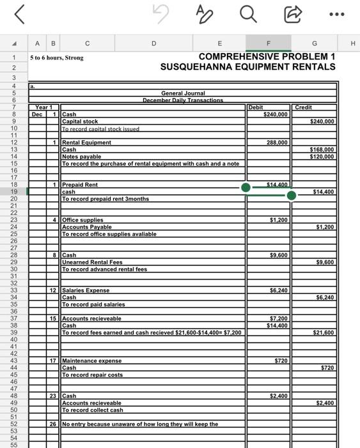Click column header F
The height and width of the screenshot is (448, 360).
[269, 44]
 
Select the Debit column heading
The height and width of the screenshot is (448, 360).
[256, 108]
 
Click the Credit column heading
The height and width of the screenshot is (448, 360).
[304, 108]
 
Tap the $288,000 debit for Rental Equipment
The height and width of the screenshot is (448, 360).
[277, 143]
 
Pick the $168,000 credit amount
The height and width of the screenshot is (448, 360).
[322, 150]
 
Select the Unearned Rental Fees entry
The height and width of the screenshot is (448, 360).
[91, 262]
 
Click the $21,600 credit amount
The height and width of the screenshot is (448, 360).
[322, 333]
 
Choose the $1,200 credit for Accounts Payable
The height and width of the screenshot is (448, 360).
[325, 227]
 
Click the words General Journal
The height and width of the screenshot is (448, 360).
[183, 93]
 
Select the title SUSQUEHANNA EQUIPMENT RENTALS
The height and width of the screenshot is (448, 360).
[247, 67]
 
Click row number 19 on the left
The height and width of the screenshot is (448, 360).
[13, 191]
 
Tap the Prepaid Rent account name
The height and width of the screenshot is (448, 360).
[80, 185]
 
